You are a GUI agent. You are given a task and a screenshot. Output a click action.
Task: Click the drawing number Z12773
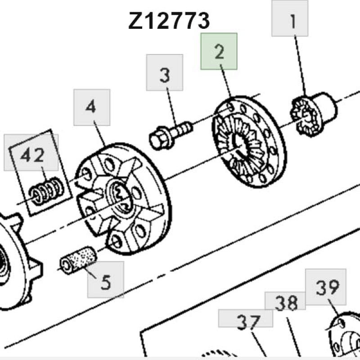point(169,21)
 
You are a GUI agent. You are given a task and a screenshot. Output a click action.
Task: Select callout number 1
point(293,22)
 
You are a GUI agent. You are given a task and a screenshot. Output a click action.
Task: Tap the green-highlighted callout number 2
point(219,52)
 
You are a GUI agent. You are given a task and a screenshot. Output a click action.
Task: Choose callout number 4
point(91,107)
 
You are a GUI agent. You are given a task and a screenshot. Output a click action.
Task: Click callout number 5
point(106,282)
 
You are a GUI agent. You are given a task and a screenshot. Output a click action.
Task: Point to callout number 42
point(32,155)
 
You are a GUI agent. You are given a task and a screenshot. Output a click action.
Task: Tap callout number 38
point(286,303)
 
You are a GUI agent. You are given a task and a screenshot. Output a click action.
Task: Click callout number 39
point(328,288)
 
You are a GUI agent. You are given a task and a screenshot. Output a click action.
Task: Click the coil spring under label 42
point(47,191)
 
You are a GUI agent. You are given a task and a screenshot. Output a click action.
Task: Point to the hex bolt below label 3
point(171,135)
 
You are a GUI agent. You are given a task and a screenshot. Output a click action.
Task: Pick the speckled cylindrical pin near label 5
point(78,260)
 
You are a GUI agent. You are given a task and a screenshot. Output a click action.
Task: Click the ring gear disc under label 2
point(249,142)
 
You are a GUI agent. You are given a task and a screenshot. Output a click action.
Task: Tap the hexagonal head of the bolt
point(160,139)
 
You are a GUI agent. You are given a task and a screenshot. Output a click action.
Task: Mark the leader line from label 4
point(99,134)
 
